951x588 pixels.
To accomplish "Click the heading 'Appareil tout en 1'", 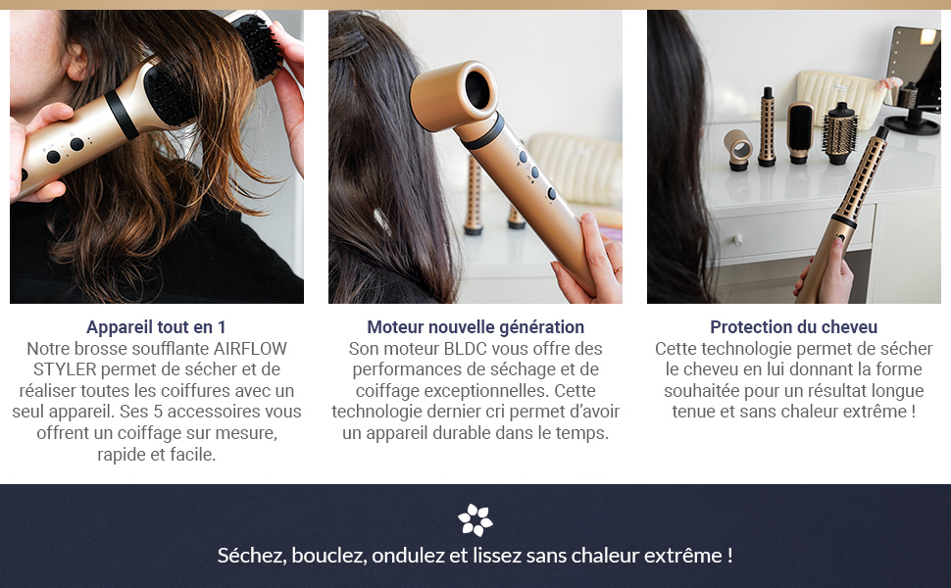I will pos(156,327).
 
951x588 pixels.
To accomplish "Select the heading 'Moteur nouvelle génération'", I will pos(475,327).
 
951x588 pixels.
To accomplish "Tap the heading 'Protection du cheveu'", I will pos(793,327).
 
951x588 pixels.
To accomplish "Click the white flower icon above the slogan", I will pos(475,519).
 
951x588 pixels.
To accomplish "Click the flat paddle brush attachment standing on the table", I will pos(800,127).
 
